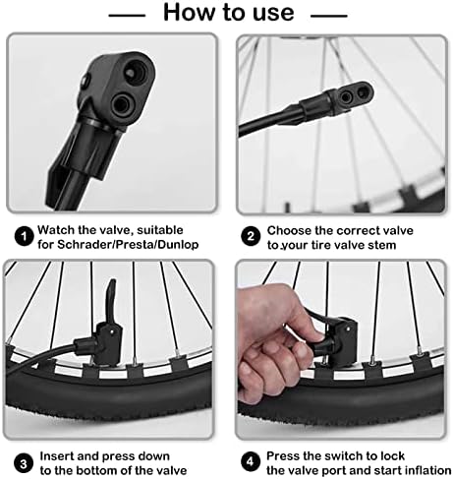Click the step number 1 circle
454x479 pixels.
(24, 236)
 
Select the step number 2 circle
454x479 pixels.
(251, 236)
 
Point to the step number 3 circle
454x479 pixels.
(24, 463)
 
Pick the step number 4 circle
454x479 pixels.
(251, 462)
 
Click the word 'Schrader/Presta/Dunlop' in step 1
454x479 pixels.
(128, 245)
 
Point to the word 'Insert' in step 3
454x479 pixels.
(55, 456)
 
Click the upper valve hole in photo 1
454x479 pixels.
(136, 71)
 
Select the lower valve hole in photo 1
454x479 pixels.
(121, 105)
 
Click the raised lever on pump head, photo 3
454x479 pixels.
(110, 300)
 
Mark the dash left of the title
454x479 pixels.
(127, 15)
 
